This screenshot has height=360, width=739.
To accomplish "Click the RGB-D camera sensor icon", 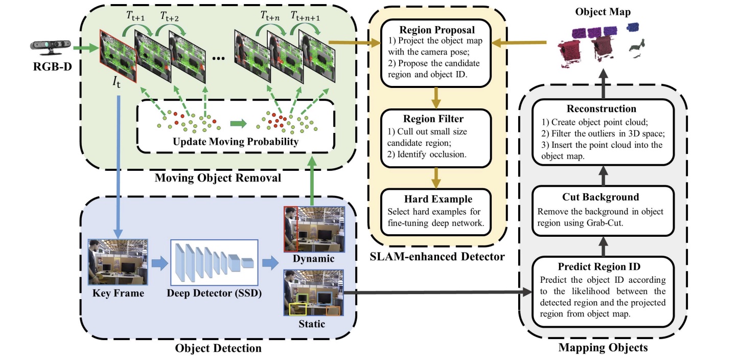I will click(50, 48).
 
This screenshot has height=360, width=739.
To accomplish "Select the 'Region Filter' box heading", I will click(436, 120).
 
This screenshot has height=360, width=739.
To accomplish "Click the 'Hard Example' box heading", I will click(436, 199).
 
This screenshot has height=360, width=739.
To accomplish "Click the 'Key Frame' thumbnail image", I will click(118, 262).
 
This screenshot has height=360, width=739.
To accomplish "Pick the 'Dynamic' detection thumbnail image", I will click(314, 229).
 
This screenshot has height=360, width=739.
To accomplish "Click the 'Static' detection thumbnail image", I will click(314, 292).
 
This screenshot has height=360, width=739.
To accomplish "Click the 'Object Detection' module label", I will click(218, 348).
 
